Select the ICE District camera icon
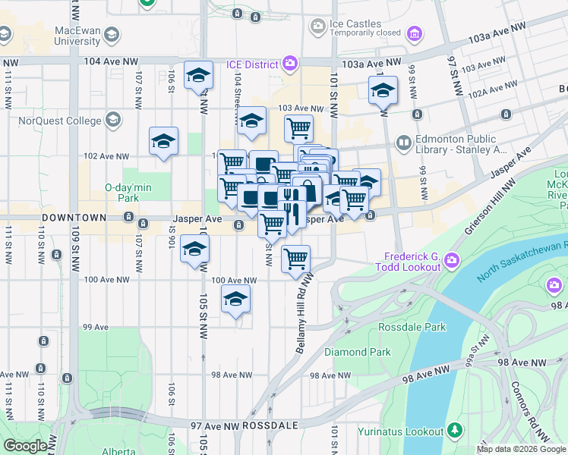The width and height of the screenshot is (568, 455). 289,63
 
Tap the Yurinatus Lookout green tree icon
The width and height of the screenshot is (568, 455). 454,431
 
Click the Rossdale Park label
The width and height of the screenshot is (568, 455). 412,327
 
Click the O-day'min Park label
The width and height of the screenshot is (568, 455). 123,193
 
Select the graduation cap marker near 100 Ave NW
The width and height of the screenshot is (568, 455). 236,300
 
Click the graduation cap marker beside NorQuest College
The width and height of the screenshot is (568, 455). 163,141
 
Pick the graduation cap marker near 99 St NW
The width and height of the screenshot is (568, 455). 383,90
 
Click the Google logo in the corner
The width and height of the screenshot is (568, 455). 25,446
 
